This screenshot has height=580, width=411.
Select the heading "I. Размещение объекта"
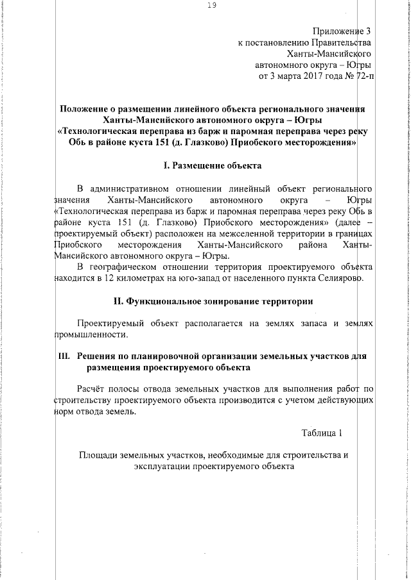pyautogui.click(x=213, y=166)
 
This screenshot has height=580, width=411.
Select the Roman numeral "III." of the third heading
pyautogui.click(x=64, y=357)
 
